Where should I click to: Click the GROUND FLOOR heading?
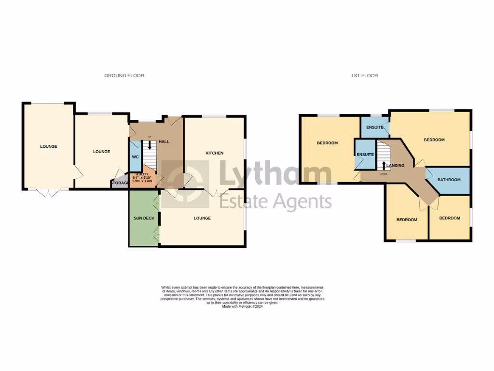click(124, 76)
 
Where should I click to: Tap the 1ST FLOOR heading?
click(364, 76)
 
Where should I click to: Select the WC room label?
click(135, 157)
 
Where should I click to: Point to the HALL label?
click(164, 142)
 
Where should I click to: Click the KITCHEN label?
click(215, 153)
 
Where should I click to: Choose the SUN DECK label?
click(143, 218)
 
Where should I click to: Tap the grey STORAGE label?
click(120, 183)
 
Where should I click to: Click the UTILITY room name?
click(142, 174)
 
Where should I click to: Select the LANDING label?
click(395, 166)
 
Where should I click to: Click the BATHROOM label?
click(449, 180)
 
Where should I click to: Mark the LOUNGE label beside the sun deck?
click(202, 218)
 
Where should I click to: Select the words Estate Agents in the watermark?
click(275, 201)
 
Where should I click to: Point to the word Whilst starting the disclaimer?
click(166, 287)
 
